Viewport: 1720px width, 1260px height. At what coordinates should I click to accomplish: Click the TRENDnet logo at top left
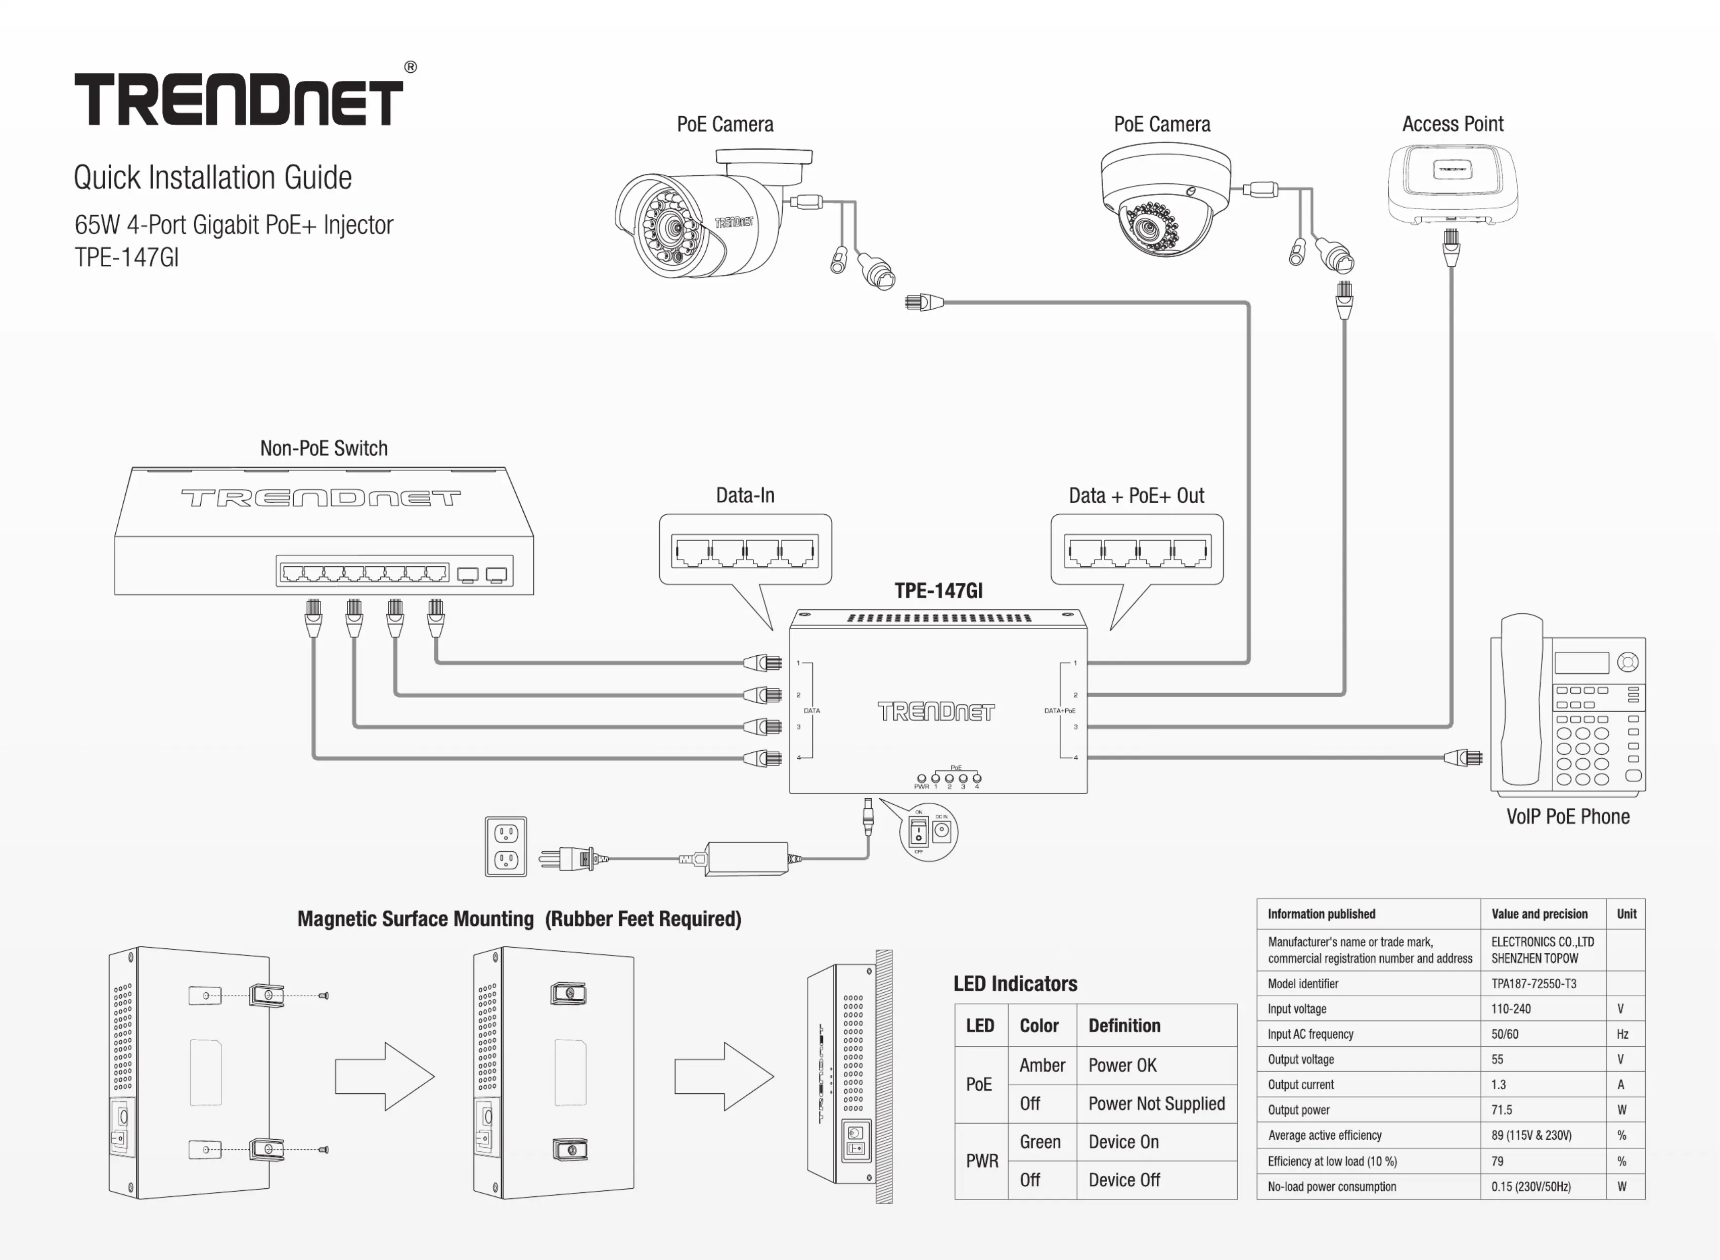tap(238, 99)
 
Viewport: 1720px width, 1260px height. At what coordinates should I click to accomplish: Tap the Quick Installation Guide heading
tap(212, 178)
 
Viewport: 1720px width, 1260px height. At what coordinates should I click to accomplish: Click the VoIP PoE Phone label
tap(1567, 817)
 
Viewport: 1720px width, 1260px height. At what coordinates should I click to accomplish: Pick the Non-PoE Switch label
tap(324, 449)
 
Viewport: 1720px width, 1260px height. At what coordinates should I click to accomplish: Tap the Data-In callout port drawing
tap(745, 551)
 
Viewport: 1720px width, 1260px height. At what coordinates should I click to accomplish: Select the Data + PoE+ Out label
tap(1136, 496)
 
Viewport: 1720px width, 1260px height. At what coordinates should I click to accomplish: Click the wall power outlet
tap(506, 847)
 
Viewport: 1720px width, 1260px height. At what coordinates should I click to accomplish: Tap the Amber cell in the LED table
tap(1042, 1065)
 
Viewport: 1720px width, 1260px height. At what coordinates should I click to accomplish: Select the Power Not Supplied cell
tap(1156, 1104)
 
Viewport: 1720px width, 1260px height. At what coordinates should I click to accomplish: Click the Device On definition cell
tap(1123, 1142)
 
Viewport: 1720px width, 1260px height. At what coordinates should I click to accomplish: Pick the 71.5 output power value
tap(1502, 1110)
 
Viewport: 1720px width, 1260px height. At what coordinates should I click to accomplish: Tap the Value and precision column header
tap(1539, 914)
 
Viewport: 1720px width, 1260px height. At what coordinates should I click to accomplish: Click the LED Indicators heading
tap(1015, 984)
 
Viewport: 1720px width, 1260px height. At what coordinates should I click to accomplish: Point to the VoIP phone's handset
tap(1521, 702)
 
